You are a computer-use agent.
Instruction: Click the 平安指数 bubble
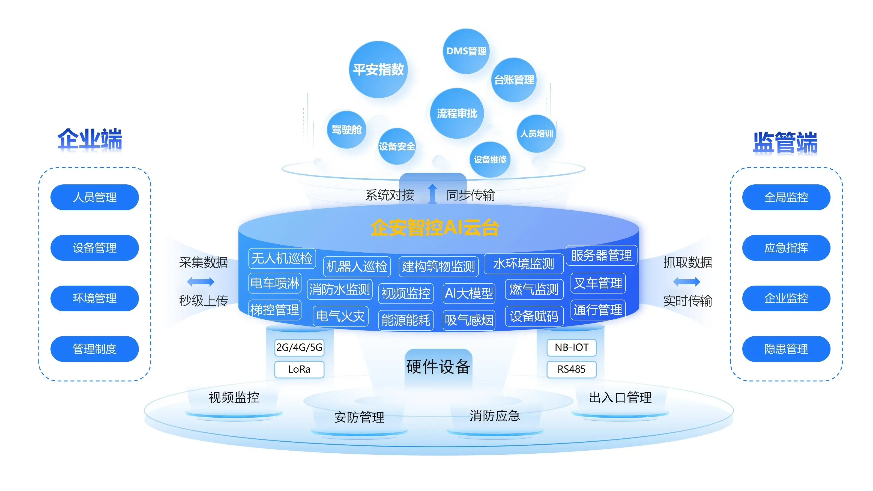pos(378,70)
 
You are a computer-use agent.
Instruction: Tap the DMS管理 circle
pos(466,51)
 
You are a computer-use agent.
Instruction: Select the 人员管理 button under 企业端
pos(95,197)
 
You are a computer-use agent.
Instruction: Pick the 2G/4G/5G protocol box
pos(299,347)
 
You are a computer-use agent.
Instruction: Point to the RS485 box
pos(571,369)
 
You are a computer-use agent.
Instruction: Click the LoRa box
pos(299,369)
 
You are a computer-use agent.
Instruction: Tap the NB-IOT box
pos(571,347)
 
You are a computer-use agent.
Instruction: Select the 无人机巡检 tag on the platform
pos(282,258)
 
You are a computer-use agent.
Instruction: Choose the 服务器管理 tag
pos(601,255)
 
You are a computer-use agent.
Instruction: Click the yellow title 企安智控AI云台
pos(435,227)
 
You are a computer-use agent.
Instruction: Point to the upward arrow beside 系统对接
pos(432,194)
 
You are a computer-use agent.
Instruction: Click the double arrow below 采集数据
pos(201,281)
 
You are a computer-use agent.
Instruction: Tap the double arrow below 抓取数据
pos(687,281)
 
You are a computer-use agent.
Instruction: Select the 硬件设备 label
pos(438,367)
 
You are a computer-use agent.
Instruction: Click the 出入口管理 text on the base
pos(620,397)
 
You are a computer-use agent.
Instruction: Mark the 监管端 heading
pos(785,143)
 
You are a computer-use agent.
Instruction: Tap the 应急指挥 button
pos(786,248)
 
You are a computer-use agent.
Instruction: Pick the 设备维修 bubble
pos(490,159)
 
